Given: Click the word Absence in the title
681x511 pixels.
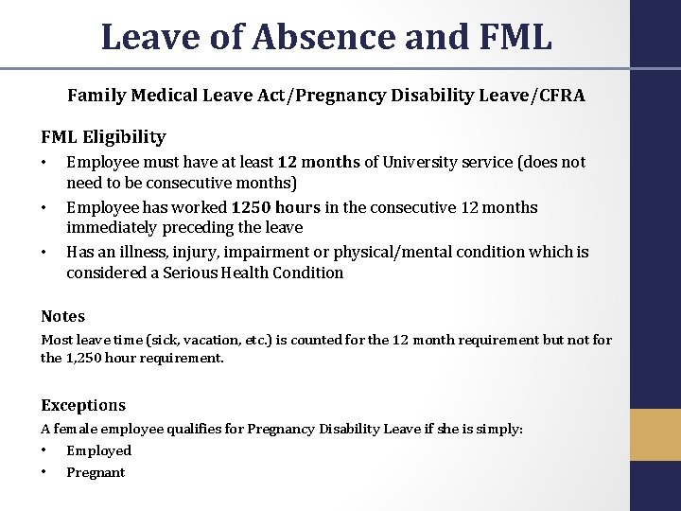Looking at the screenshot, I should click(x=306, y=37).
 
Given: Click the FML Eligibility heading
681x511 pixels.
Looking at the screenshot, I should click(x=102, y=136).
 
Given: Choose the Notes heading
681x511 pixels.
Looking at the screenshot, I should click(x=62, y=316).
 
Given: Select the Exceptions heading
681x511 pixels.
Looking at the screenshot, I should click(x=82, y=405).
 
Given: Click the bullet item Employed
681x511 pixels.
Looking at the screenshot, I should click(x=98, y=450).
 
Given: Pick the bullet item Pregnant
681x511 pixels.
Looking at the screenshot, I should click(x=96, y=472).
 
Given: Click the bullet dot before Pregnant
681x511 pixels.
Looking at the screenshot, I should click(x=44, y=472).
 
